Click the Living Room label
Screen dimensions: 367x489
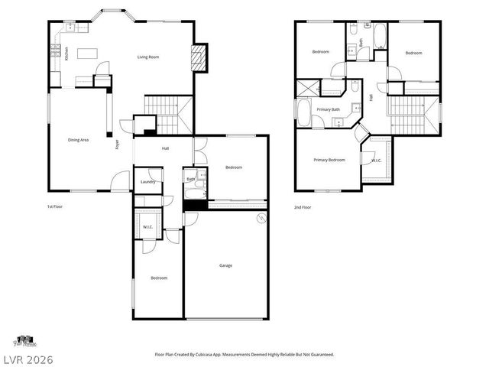click(147, 57)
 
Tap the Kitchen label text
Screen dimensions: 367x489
click(66, 54)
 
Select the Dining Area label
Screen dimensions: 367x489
click(79, 140)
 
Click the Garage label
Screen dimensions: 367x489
click(225, 265)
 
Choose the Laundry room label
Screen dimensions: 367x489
click(148, 182)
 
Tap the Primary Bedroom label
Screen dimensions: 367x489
click(329, 160)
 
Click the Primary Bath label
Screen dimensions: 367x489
click(329, 110)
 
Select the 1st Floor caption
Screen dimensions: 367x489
click(56, 206)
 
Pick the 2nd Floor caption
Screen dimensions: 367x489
click(303, 206)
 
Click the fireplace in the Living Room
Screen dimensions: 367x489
click(199, 58)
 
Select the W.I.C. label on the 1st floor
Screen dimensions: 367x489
click(147, 226)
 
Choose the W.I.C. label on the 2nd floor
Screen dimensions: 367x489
click(376, 161)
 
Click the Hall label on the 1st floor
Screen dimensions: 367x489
click(165, 148)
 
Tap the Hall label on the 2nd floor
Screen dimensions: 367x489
click(371, 97)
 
